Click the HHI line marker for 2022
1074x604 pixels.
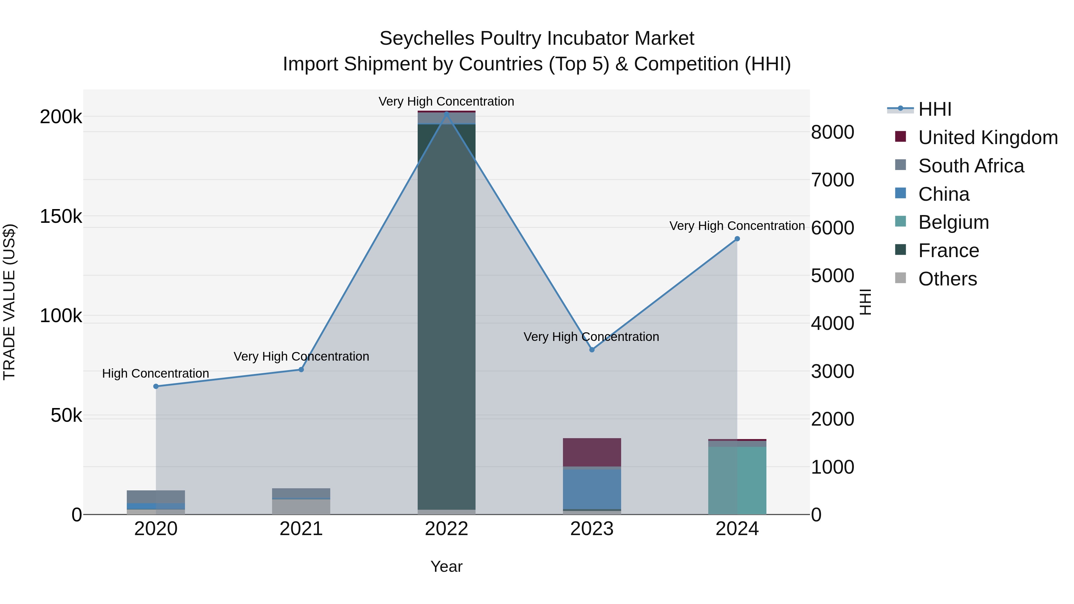click(447, 114)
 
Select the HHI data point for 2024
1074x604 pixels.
click(737, 239)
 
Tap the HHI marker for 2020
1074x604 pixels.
click(156, 386)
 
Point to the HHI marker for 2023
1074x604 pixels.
click(592, 350)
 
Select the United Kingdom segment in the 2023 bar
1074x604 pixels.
click(592, 452)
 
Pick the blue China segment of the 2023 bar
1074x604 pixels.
click(592, 489)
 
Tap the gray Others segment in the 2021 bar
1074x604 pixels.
click(301, 506)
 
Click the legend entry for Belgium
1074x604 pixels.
click(953, 222)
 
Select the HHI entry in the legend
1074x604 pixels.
click(934, 109)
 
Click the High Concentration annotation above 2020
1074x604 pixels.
click(155, 373)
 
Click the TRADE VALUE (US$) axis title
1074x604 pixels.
click(9, 302)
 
